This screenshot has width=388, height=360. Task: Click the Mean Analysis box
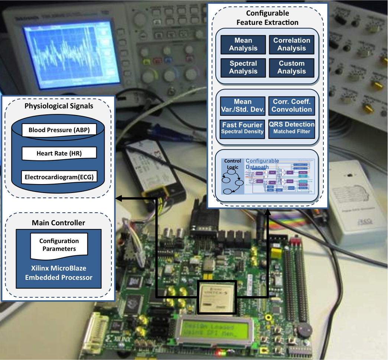(243, 44)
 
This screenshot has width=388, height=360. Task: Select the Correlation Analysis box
(291, 44)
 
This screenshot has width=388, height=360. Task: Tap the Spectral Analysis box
(243, 67)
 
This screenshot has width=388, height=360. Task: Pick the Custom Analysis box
(291, 67)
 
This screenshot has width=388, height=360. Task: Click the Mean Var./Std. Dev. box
(243, 106)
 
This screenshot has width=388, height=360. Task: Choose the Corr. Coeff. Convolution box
(292, 106)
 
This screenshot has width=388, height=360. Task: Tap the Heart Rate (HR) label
(59, 153)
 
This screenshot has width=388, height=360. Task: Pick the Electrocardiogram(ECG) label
(59, 177)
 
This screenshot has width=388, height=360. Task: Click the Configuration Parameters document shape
(59, 245)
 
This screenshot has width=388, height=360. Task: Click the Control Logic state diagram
(233, 176)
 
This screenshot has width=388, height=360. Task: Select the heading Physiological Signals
(59, 106)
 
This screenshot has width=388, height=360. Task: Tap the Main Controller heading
(58, 223)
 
